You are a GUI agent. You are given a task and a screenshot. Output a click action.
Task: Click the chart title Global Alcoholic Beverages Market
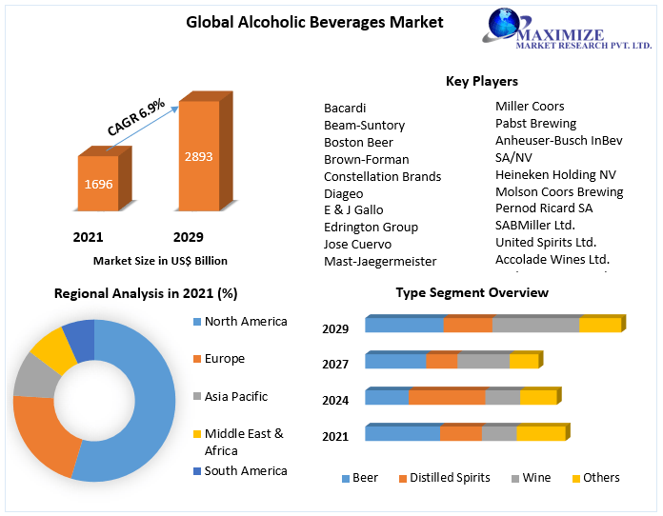pyautogui.click(x=314, y=22)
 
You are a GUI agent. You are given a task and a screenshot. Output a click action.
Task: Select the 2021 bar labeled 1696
pyautogui.click(x=98, y=183)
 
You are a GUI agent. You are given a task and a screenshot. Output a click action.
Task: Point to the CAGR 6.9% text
pyautogui.click(x=136, y=116)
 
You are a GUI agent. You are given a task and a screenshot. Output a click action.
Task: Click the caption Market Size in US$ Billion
pyautogui.click(x=160, y=260)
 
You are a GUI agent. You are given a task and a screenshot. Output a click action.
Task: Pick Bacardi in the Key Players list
pyautogui.click(x=345, y=108)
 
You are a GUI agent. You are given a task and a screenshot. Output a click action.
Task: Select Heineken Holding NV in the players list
pyautogui.click(x=555, y=174)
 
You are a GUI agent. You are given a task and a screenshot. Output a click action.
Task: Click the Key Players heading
pyautogui.click(x=482, y=81)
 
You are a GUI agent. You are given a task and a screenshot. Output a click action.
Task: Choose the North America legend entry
pyautogui.click(x=245, y=322)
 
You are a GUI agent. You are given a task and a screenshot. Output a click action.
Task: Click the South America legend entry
pyautogui.click(x=245, y=470)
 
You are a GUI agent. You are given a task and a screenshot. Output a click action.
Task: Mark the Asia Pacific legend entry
pyautogui.click(x=236, y=396)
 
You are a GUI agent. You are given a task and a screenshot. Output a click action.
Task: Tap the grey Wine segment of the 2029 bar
pyautogui.click(x=535, y=325)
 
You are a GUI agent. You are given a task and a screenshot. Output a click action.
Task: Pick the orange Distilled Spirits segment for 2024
pyautogui.click(x=447, y=397)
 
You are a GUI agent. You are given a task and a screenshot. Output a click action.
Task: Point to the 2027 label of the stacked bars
pyautogui.click(x=335, y=364)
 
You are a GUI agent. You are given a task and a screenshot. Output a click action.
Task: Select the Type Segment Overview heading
pyautogui.click(x=472, y=292)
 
